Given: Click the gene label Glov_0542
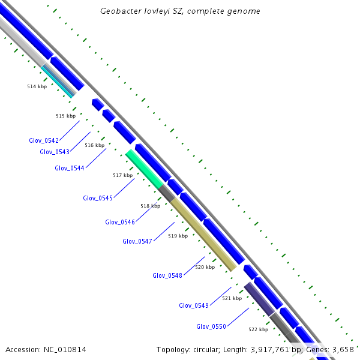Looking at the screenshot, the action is point(44,140).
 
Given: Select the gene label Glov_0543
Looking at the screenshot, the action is point(55,152).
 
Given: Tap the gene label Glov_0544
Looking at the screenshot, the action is point(70,168).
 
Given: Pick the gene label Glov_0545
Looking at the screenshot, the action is point(98,198).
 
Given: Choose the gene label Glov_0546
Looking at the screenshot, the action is point(120,222).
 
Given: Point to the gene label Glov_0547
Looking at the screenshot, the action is point(137,241).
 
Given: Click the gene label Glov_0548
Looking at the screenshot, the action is point(167,275).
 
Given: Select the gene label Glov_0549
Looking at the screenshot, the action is point(194,305).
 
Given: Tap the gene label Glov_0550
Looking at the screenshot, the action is point(211,326).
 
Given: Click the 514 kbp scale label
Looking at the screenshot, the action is point(37,86).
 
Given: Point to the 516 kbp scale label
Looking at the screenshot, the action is point(94,145).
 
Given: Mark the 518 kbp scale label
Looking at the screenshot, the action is point(150,206).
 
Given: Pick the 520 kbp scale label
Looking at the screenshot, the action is point(205,267).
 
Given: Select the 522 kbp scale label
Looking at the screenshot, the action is point(258,329).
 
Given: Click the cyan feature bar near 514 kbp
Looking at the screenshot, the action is point(59,82).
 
